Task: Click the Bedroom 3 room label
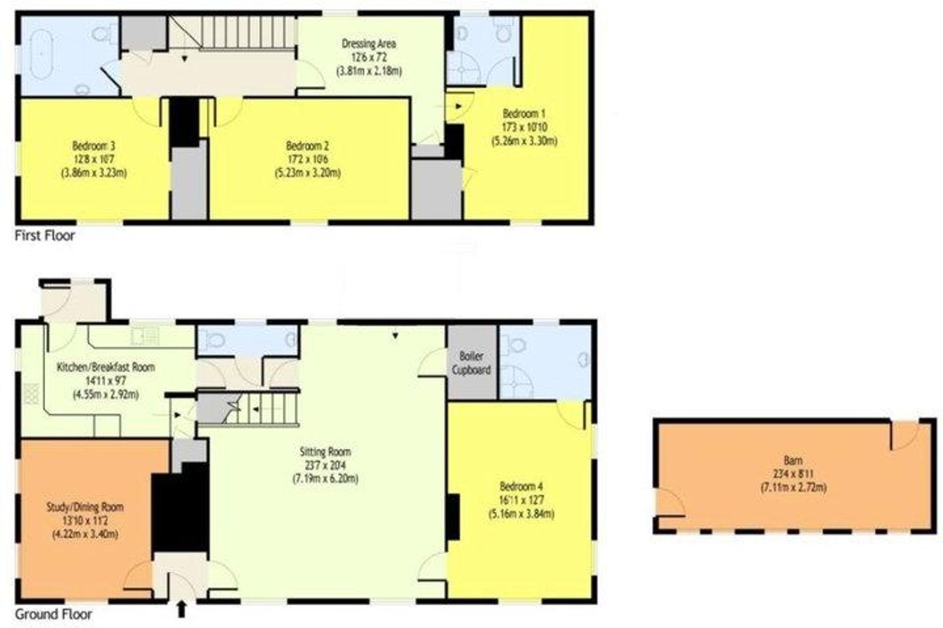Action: (x=93, y=146)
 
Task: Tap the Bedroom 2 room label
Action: (x=307, y=146)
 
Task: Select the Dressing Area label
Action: (x=369, y=44)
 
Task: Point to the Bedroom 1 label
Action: (x=524, y=114)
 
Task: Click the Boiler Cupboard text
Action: (x=471, y=363)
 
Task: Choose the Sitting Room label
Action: (x=325, y=452)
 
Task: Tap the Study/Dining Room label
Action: (x=85, y=507)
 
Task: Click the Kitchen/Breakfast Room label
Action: (x=106, y=367)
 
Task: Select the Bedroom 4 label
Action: (x=521, y=486)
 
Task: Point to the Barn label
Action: (x=794, y=460)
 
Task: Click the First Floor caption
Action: (x=45, y=236)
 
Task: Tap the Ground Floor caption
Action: (x=53, y=614)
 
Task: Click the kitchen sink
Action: (x=145, y=336)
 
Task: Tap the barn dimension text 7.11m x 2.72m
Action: (x=794, y=488)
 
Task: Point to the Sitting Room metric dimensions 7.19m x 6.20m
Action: (x=325, y=479)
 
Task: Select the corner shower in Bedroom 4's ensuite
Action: (x=516, y=383)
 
